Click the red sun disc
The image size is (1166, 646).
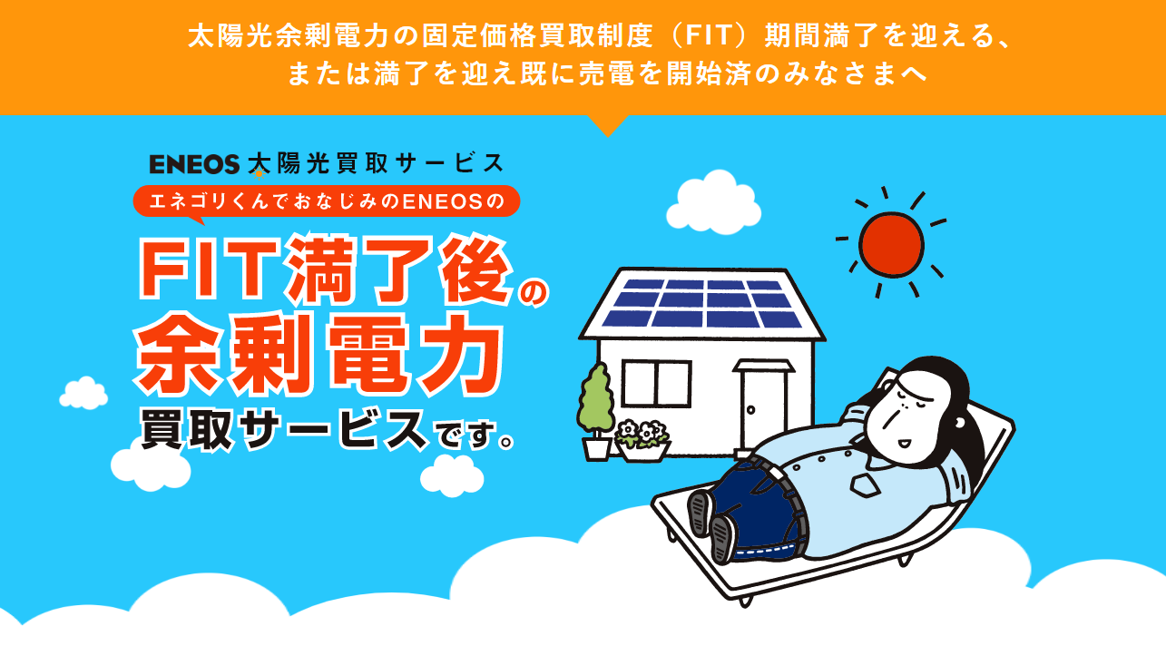[891, 244]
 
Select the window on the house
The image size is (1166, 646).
[657, 383]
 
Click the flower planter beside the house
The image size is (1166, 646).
[642, 442]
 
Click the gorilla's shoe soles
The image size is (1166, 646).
[711, 525]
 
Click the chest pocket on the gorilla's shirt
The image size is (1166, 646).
[865, 486]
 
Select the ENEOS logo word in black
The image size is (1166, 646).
[194, 164]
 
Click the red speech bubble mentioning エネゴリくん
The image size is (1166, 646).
[327, 202]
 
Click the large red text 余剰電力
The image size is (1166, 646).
[319, 355]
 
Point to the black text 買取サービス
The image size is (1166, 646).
[284, 430]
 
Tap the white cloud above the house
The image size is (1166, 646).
[713, 202]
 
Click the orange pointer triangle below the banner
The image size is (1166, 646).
[608, 125]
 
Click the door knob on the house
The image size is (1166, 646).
[750, 410]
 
